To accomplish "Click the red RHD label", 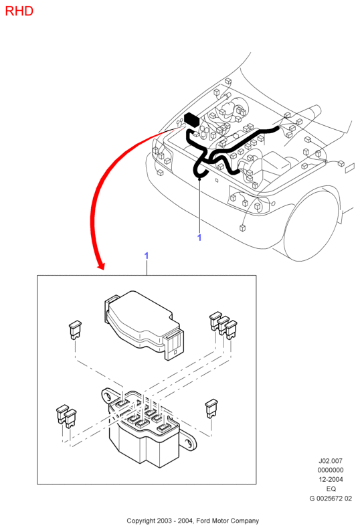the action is pos(19,11).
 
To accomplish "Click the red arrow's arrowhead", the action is pos(101,266).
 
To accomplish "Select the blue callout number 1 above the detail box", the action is pos(147,256).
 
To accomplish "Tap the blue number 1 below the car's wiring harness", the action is pos(199,238).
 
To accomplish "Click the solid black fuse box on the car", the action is pos(191,120).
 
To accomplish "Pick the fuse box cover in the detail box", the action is pos(145,325).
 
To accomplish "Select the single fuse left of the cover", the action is pos(75,329).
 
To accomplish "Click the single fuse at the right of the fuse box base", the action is pos(211,408).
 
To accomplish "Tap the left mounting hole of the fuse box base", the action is pos(108,395).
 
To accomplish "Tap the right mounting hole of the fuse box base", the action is pos(188,443).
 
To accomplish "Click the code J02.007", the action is pos(331,460).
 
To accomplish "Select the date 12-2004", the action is pos(331,479).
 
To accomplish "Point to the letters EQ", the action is pos(331,489).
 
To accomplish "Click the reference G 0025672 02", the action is pos(331,499).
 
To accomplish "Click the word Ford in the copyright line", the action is pos(203,521).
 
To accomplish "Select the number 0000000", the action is pos(331,470).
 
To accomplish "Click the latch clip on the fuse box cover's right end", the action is pos(175,345).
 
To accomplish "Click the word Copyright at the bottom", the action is pos(141,521).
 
